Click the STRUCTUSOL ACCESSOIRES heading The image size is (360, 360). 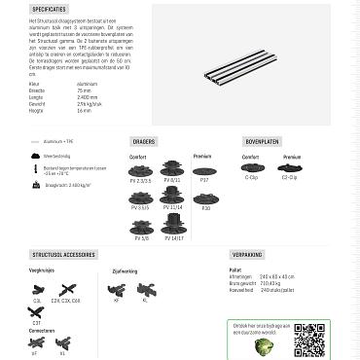64,253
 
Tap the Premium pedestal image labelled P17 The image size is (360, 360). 204,168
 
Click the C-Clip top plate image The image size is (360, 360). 252,167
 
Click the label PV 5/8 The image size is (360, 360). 139,237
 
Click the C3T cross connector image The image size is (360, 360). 38,311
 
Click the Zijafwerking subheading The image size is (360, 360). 126,270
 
